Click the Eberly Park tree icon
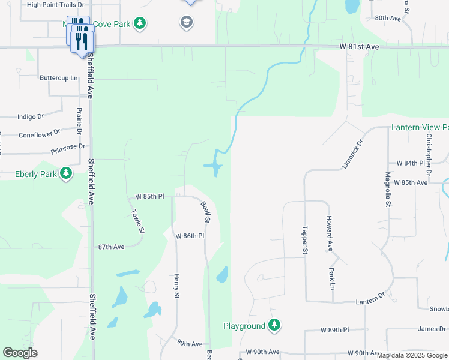tap(66, 174)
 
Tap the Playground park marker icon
tap(274, 325)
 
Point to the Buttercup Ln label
tap(59, 78)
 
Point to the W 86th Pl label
tap(190, 236)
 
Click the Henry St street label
tap(176, 286)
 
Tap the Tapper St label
tap(305, 238)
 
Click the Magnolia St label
tap(388, 190)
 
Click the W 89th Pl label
tap(334, 330)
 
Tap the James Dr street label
tap(432, 328)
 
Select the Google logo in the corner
tap(20, 353)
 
